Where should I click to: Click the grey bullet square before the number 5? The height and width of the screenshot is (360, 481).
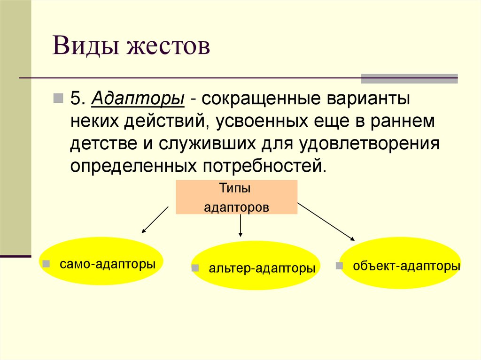coord(58,98)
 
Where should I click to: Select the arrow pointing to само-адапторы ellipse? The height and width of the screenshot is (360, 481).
coord(155,219)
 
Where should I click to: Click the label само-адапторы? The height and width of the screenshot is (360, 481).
coord(108,263)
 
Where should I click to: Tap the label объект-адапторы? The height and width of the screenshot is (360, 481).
coord(406,266)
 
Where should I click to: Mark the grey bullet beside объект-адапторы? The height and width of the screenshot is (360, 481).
coord(339,266)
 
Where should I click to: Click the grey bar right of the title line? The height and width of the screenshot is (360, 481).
coord(409,78)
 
